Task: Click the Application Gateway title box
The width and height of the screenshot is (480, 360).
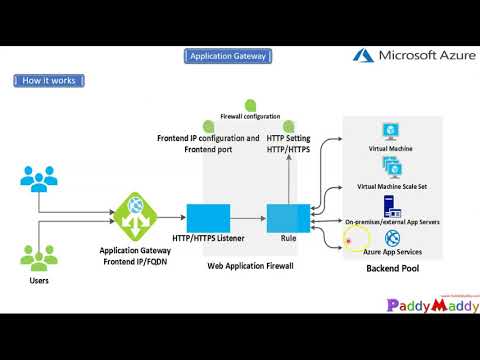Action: point(227,57)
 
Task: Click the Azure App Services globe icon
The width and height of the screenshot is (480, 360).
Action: point(393,239)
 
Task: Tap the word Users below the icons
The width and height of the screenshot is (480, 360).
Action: point(38,281)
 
